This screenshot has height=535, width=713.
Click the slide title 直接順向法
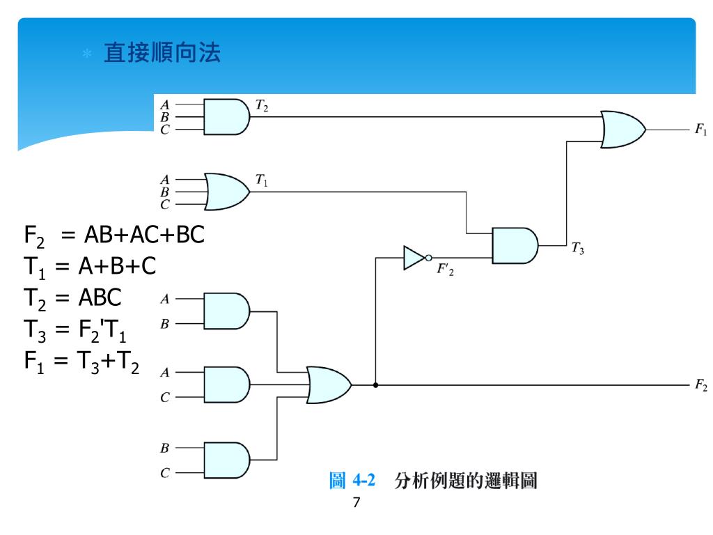(162, 53)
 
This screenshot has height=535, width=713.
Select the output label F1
(700, 130)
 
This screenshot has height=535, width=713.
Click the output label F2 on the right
(700, 385)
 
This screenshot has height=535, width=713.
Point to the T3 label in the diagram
(578, 247)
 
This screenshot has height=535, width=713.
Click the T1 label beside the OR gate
(262, 179)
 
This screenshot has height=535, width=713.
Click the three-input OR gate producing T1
(227, 191)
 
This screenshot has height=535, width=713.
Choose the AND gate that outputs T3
(515, 245)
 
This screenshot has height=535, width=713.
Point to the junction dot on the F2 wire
(375, 385)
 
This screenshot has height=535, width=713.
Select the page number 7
(356, 503)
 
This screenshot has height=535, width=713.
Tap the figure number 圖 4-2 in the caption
(352, 481)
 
